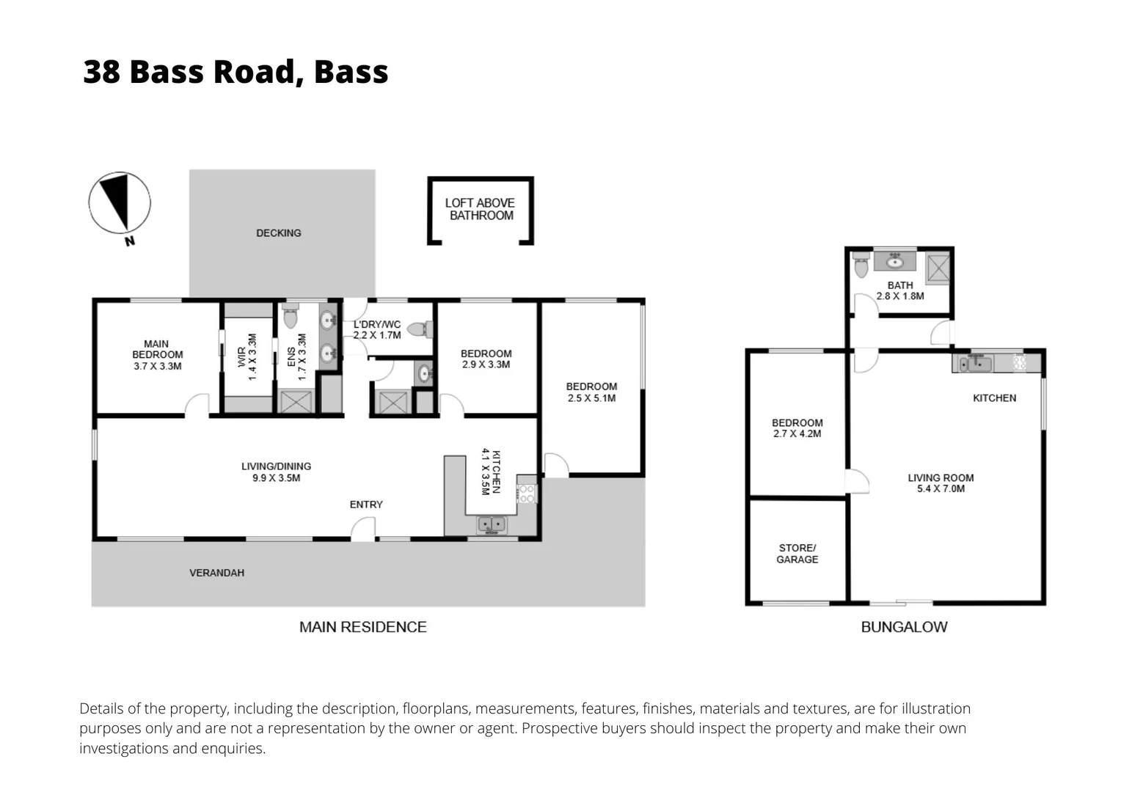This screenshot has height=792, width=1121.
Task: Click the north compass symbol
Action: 120,203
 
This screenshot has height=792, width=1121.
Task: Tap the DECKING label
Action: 278,233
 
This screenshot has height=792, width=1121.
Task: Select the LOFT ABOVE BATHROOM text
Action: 481,209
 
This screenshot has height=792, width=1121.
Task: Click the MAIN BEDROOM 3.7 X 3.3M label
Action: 157,355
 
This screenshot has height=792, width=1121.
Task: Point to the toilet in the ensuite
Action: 290,317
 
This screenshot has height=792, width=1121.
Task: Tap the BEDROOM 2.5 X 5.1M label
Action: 591,392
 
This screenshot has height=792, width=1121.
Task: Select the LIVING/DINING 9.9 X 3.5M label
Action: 276,472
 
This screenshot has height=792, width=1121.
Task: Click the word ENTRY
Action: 366,505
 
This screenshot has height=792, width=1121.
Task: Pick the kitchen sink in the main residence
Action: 491,524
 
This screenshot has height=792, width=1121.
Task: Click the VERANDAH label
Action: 216,573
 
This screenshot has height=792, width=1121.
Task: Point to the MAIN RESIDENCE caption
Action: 362,627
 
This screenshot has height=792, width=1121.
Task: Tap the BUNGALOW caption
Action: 904,627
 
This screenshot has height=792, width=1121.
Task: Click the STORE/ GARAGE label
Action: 797,554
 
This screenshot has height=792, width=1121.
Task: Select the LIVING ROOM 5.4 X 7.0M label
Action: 941,483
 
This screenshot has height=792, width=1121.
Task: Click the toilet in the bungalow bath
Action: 861,265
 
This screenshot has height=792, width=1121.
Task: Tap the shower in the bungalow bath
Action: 937,267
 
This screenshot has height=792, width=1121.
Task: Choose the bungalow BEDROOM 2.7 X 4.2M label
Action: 797,428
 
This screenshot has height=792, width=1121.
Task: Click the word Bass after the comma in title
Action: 351,72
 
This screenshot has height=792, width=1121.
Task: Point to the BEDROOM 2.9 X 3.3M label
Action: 486,359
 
